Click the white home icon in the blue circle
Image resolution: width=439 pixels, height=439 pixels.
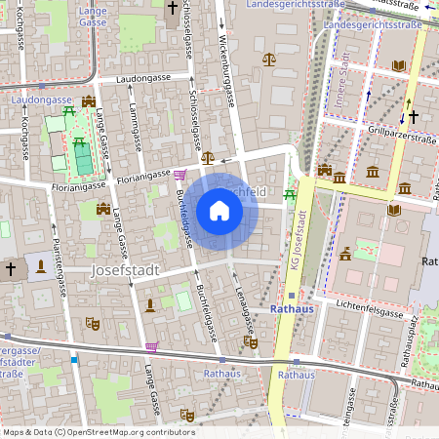pyautogui.click(x=219, y=210)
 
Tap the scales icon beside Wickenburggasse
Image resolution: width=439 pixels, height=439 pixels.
pyautogui.click(x=269, y=60)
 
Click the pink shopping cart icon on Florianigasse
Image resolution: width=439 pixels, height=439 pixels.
pyautogui.click(x=180, y=175)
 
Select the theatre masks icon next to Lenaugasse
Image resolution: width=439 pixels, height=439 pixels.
pyautogui.click(x=251, y=341)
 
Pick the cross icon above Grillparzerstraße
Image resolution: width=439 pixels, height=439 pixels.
pyautogui.click(x=413, y=116)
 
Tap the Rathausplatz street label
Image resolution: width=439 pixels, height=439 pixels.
pyautogui.click(x=414, y=332)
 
